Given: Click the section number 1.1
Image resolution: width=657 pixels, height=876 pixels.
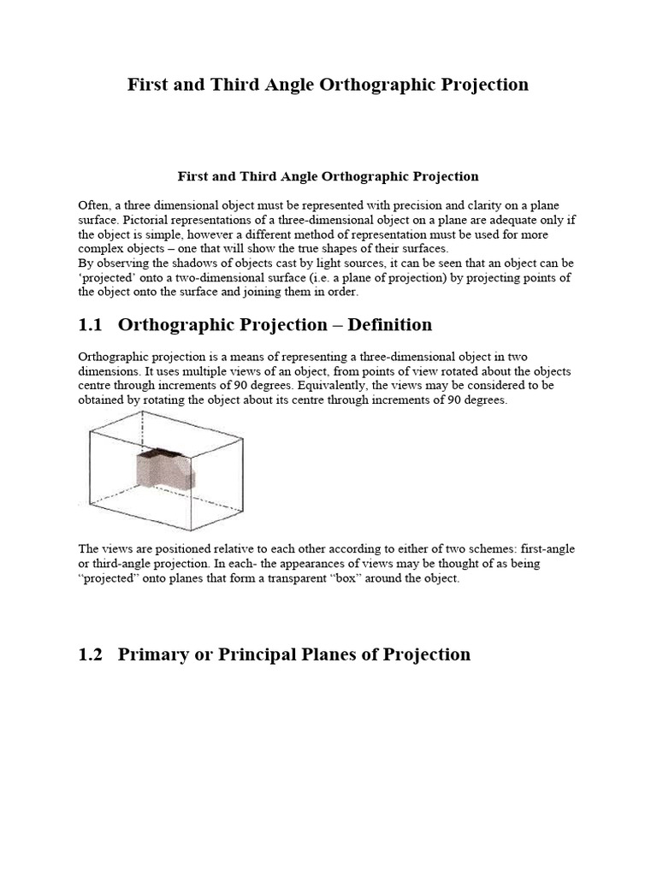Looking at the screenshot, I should click(91, 325).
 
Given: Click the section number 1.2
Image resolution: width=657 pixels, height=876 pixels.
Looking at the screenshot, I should click(91, 654).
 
